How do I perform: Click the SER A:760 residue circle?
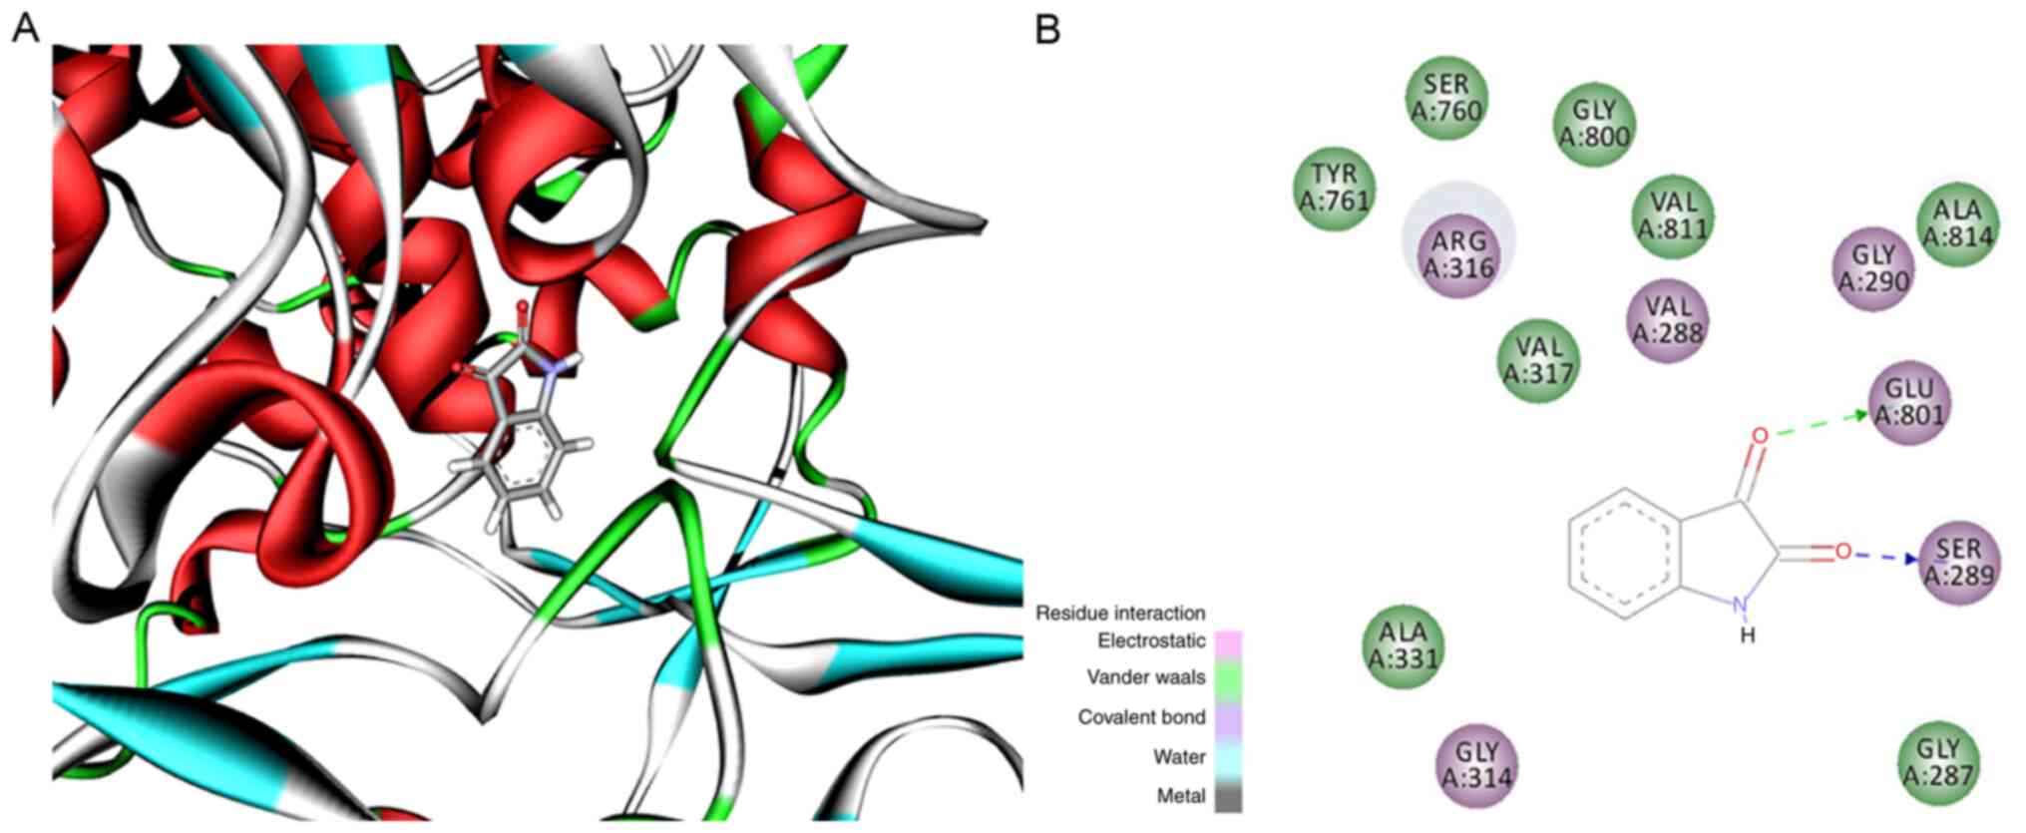1446,98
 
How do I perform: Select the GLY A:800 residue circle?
1594,124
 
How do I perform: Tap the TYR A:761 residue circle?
1335,188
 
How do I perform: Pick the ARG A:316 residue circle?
1458,254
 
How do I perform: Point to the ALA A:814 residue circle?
1958,223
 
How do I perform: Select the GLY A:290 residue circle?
1873,268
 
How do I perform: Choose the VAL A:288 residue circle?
1668,318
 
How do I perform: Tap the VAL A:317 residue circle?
1539,360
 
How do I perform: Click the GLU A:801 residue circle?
1909,401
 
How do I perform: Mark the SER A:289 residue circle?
1959,562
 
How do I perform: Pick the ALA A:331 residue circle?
1404,645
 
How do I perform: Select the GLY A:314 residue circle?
1476,763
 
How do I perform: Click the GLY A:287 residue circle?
1938,761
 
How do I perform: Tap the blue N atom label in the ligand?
1741,605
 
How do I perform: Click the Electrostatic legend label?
1150,640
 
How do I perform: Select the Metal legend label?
1180,796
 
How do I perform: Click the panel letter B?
1047,30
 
